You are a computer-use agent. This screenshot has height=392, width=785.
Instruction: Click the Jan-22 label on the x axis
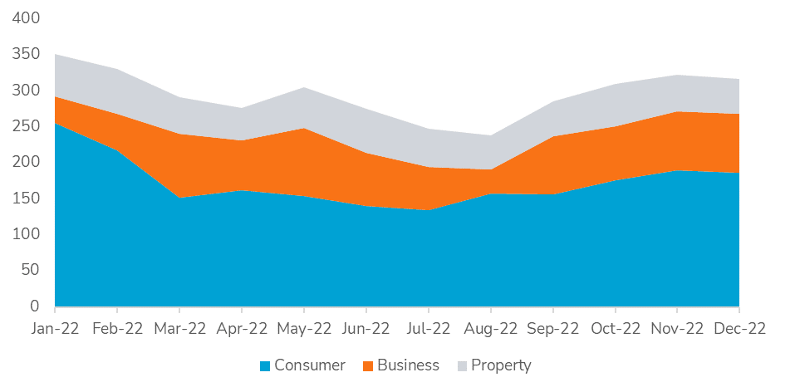point(55,328)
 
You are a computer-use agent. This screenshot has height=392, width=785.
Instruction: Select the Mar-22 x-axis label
point(179,328)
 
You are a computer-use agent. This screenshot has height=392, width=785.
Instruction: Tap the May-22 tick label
point(304,328)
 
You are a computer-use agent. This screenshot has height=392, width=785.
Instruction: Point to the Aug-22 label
point(490,328)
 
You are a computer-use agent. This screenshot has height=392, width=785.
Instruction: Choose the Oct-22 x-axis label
point(615,328)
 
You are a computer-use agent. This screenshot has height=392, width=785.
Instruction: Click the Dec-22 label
point(739,328)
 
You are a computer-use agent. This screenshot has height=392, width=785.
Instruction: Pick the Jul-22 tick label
point(428,328)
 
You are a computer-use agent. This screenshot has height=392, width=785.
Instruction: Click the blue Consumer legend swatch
point(265,365)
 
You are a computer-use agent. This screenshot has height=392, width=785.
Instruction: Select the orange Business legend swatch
point(368,365)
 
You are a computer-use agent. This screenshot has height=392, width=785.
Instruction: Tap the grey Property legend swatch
point(461,365)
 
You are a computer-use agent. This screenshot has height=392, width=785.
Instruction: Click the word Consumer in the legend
point(310,365)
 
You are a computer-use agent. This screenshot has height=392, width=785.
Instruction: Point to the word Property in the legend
point(500,365)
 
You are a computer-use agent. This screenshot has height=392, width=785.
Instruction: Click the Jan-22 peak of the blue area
point(56,124)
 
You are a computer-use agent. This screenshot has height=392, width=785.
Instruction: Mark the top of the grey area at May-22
point(304,87)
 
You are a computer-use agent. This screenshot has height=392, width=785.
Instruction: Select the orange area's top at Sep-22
point(552,136)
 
